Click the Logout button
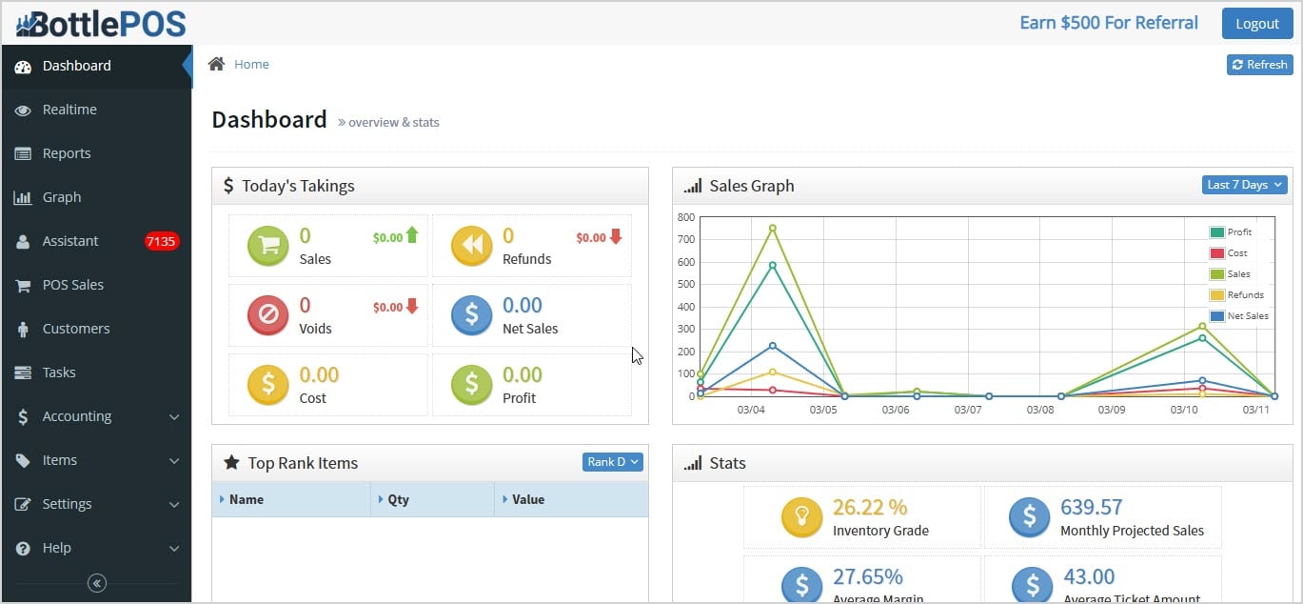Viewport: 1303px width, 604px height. tap(1257, 24)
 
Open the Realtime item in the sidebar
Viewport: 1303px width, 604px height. tap(69, 110)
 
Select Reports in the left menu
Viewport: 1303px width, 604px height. tap(67, 153)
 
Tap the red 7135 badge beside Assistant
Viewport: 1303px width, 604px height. tap(161, 241)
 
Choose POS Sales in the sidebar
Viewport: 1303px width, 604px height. tap(72, 285)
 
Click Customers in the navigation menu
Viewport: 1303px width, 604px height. tap(76, 329)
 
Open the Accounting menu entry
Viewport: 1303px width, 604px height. tap(77, 416)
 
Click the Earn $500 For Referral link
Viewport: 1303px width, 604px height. tap(1109, 23)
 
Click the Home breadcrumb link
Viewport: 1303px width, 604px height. tap(251, 64)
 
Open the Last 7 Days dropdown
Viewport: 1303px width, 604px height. tap(1244, 185)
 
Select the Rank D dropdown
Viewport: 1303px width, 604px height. tap(613, 462)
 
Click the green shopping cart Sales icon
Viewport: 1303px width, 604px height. tap(268, 246)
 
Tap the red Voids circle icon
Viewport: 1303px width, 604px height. tap(268, 315)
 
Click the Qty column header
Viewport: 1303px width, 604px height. tap(398, 499)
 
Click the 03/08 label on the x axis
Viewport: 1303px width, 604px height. tap(1039, 410)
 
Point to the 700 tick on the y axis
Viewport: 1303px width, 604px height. tap(685, 239)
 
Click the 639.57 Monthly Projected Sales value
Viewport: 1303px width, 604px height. tap(1092, 507)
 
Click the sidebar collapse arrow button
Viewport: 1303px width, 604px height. tap(96, 583)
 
